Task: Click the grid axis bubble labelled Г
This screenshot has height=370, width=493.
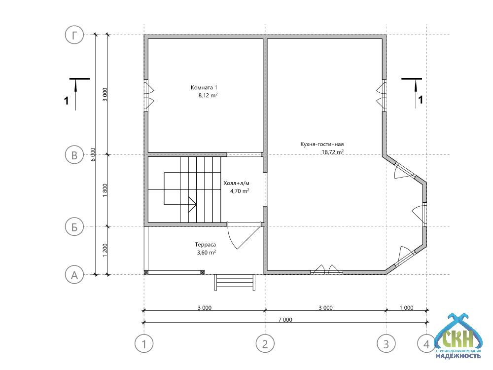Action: [74, 35]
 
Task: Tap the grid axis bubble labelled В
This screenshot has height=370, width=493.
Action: [74, 155]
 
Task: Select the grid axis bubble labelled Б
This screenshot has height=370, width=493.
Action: [74, 227]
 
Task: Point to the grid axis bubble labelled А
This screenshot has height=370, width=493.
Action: [74, 275]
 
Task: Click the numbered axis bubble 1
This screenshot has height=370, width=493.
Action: [144, 343]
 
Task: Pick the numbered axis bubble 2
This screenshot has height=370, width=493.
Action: [265, 343]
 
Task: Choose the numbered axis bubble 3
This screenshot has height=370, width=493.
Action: [386, 343]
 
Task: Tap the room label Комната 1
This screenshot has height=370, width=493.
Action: [204, 87]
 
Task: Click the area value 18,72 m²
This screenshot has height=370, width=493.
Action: [332, 152]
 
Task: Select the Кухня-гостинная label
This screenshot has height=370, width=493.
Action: [322, 144]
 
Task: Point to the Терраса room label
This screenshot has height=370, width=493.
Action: [205, 245]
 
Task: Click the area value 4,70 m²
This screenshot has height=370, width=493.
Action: [240, 190]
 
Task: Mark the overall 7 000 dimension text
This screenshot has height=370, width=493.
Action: [285, 320]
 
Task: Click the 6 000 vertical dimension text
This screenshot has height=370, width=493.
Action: [93, 154]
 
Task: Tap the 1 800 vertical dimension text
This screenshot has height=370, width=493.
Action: [105, 190]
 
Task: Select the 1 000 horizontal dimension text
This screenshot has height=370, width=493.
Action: [406, 308]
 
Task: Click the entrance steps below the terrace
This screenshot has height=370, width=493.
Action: [235, 282]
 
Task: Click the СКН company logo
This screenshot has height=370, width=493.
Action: [458, 336]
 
